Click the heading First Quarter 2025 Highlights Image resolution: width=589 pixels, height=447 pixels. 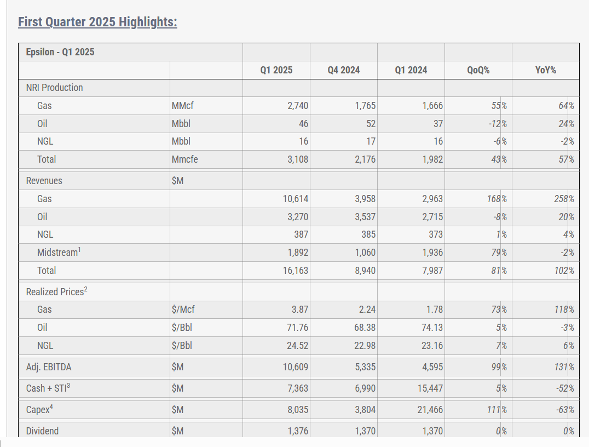[x=97, y=22]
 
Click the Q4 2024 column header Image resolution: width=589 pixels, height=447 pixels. [x=343, y=70]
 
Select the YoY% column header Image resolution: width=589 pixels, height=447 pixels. [x=545, y=70]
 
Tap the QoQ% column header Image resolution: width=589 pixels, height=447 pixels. [x=478, y=70]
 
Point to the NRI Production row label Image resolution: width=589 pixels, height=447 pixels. [x=55, y=88]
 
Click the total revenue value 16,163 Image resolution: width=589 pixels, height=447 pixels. [x=296, y=270]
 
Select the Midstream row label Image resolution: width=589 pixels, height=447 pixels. [x=59, y=253]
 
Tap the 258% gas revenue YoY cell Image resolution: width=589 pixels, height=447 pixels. [x=563, y=199]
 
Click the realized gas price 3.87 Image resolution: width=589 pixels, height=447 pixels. [x=300, y=310]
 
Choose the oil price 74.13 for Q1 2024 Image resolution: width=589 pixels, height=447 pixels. [x=430, y=328]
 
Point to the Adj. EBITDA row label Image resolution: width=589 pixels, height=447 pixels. [x=49, y=367]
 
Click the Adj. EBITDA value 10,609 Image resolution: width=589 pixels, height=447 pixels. [x=296, y=367]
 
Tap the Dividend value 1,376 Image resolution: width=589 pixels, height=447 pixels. [x=298, y=431]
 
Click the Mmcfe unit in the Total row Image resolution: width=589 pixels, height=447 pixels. [x=185, y=159]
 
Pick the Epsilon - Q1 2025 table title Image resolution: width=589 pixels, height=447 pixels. [x=60, y=52]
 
